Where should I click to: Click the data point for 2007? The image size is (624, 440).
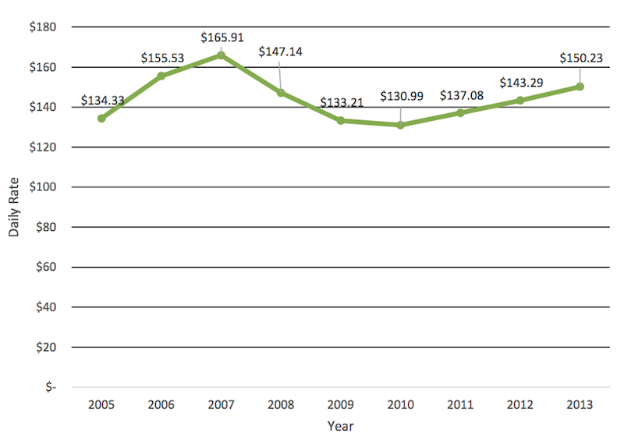pos(221,55)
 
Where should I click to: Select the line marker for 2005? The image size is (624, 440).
pos(101,119)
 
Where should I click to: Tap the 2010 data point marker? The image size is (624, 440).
pos(400,125)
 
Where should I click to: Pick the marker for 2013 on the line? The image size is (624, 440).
pos(580,87)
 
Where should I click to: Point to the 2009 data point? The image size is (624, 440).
pos(341,120)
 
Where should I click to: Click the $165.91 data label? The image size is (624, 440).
pos(224,37)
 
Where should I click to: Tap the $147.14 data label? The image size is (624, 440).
pos(281,52)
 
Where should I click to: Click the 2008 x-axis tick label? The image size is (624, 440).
pos(281,405)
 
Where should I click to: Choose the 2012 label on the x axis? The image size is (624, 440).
pos(519,405)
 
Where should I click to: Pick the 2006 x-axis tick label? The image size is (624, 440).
pos(161,405)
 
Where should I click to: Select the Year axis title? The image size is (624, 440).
pos(340,426)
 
